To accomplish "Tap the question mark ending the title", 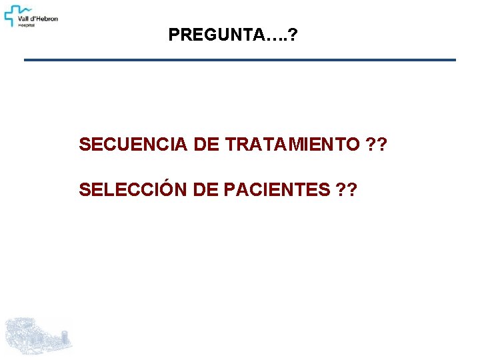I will coord(294,35).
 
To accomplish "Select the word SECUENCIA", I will coord(133,144).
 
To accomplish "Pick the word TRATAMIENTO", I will coord(293,144).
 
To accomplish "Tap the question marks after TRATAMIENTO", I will coord(377,144).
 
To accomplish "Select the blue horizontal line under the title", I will coord(240,60).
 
